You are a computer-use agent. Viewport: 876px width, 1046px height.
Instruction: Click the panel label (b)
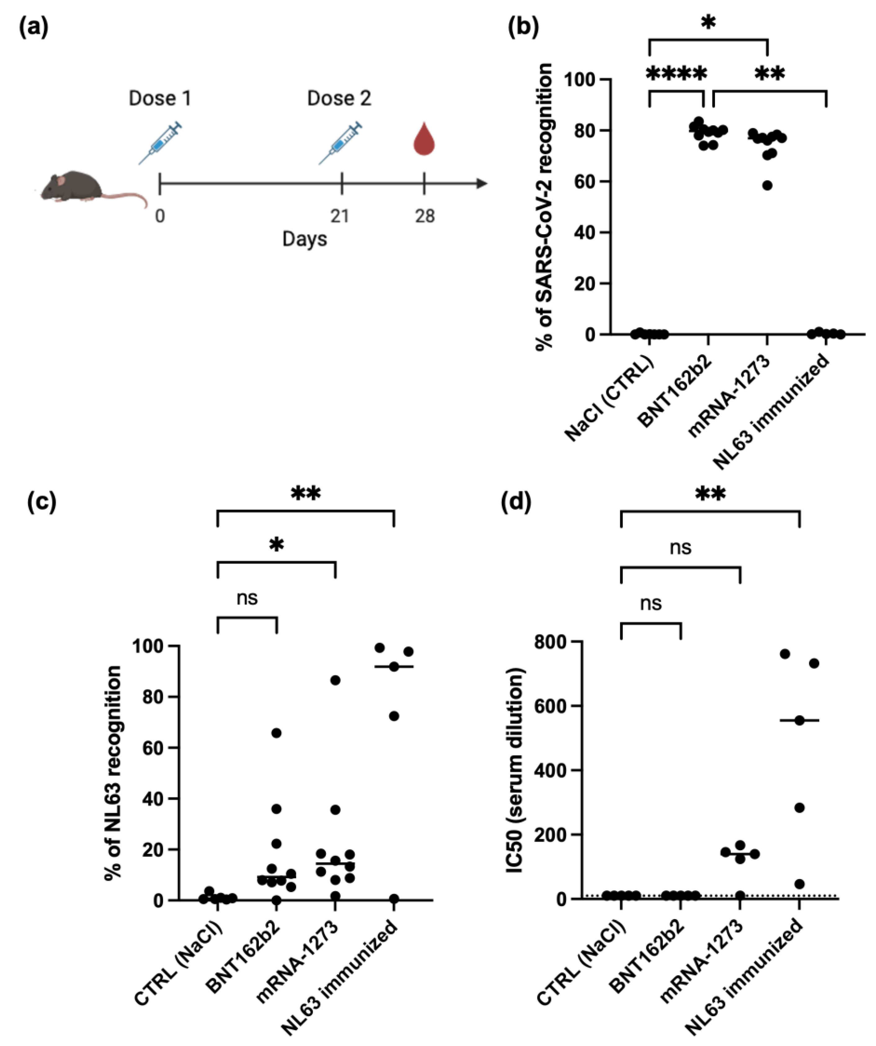(x=523, y=27)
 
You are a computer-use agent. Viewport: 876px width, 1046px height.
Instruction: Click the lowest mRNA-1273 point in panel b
(x=767, y=185)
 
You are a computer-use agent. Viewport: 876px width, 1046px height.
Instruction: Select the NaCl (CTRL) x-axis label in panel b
(x=610, y=398)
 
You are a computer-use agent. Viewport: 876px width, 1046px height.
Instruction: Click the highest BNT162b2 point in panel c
(x=276, y=733)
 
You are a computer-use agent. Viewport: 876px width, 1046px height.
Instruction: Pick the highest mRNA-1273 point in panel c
(x=335, y=680)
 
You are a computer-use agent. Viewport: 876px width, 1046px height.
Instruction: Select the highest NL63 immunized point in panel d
(x=785, y=654)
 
